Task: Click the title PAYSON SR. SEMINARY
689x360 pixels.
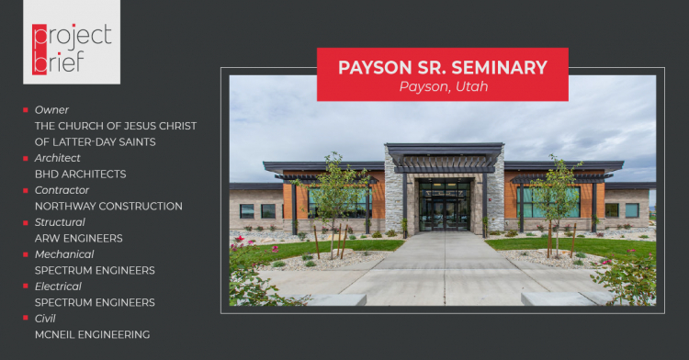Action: point(443,67)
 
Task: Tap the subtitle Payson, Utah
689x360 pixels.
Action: point(443,86)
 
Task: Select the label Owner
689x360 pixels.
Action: point(51,109)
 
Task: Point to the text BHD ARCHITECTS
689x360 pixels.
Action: point(81,174)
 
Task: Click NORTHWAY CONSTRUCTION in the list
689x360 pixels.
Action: point(108,206)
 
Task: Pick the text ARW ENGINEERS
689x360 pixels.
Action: point(78,238)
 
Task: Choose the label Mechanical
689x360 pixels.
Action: point(64,254)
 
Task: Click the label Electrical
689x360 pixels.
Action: point(60,287)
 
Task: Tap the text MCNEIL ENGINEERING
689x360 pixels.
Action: point(92,334)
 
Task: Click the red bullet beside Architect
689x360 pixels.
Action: point(26,158)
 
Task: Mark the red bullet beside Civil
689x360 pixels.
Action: point(26,319)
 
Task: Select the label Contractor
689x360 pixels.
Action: point(62,190)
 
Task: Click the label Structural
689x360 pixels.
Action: point(60,222)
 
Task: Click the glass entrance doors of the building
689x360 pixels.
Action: point(444,206)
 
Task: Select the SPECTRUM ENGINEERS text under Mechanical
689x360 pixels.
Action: point(95,270)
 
